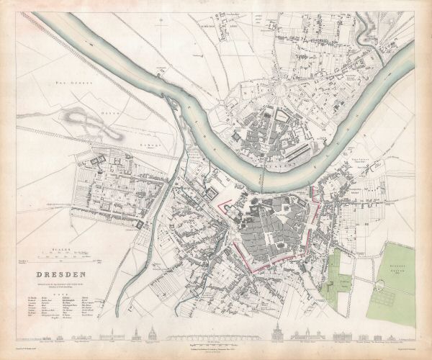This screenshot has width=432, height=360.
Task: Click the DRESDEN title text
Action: (57, 274)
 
